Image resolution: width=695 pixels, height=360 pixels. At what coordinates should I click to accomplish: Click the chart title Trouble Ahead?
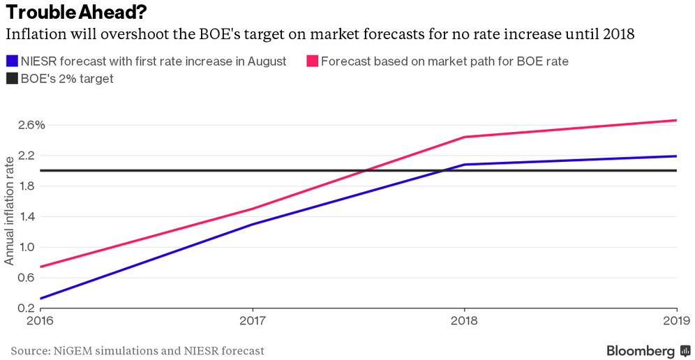click(76, 13)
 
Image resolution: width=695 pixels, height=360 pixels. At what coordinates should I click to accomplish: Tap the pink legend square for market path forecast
click(313, 61)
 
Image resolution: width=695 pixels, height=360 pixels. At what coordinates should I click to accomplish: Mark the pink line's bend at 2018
click(465, 137)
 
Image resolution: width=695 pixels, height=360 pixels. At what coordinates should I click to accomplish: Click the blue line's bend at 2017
click(252, 224)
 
